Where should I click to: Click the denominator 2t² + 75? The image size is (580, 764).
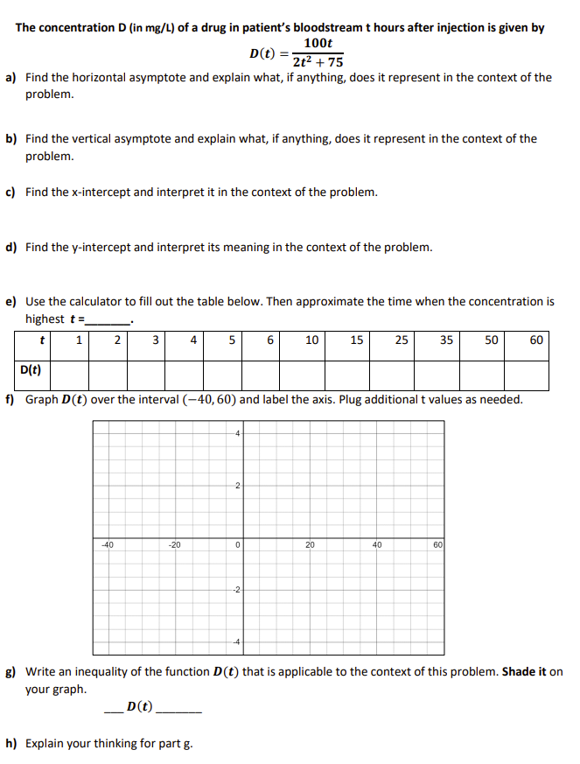318,61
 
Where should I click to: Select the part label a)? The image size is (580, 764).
12,78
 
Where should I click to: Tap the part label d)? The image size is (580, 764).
12,247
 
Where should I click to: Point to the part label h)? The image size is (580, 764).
12,744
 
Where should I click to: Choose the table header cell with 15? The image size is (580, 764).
357,340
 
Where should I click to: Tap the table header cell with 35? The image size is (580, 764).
446,340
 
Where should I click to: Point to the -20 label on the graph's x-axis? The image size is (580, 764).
175,545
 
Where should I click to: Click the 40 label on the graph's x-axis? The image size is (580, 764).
378,545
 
